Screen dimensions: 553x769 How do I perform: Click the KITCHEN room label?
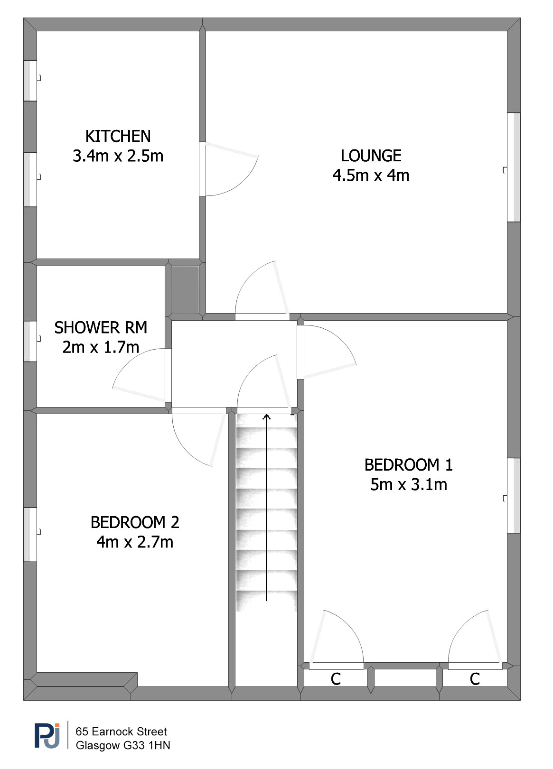pyautogui.click(x=118, y=136)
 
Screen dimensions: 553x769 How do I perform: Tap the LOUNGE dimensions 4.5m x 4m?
pyautogui.click(x=371, y=176)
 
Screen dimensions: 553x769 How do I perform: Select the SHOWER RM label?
pyautogui.click(x=101, y=327)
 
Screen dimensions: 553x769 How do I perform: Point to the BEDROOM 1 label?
pyautogui.click(x=408, y=465)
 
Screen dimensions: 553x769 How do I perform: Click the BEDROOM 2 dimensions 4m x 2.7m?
pyautogui.click(x=135, y=542)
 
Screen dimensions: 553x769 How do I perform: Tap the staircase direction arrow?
pyautogui.click(x=267, y=508)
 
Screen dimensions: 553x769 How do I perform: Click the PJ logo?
pyautogui.click(x=47, y=736)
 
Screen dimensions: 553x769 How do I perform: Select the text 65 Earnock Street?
pyautogui.click(x=121, y=732)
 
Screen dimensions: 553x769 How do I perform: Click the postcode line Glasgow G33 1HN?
pyautogui.click(x=123, y=745)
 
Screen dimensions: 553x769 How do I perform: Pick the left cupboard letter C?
pyautogui.click(x=336, y=679)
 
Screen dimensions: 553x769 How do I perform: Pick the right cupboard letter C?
pyautogui.click(x=475, y=679)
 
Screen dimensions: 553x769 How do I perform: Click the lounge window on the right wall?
pyautogui.click(x=514, y=167)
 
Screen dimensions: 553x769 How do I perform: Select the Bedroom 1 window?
pyautogui.click(x=514, y=495)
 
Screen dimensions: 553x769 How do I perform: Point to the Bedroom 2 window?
pyautogui.click(x=30, y=535)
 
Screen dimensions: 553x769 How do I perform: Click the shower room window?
pyautogui.click(x=30, y=341)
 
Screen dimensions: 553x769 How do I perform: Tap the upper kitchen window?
pyautogui.click(x=30, y=81)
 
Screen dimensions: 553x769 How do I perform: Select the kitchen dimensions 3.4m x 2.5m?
pyautogui.click(x=118, y=156)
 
